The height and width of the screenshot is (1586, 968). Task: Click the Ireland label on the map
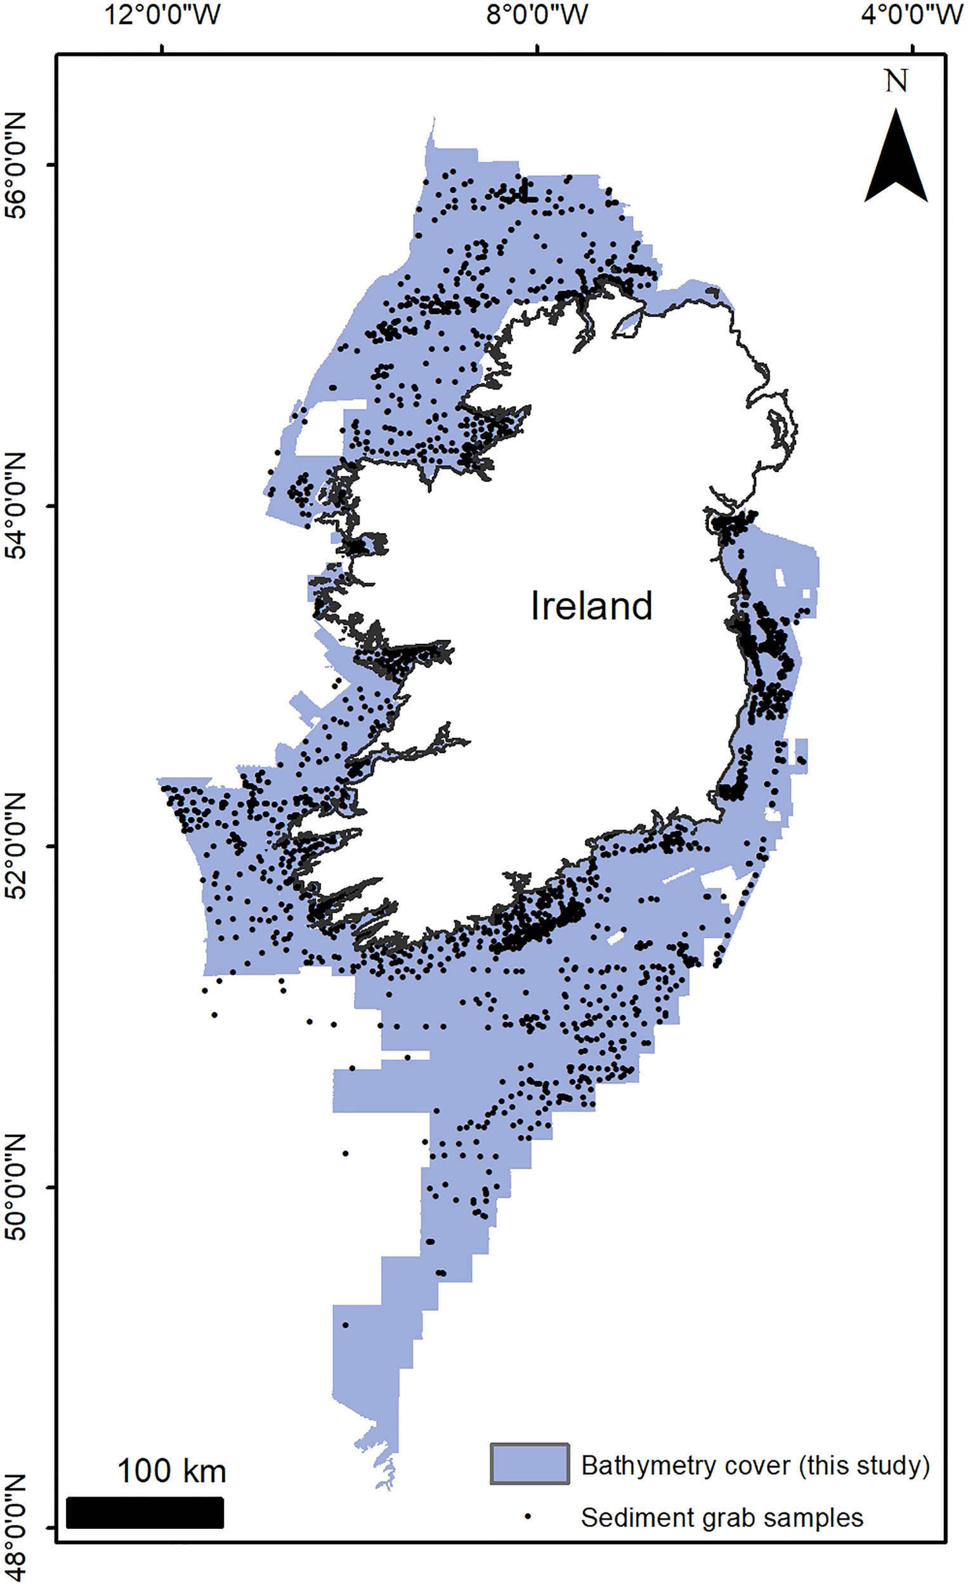tap(591, 606)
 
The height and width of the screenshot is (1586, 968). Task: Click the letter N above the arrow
tap(896, 82)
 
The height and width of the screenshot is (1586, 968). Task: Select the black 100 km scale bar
tap(145, 1512)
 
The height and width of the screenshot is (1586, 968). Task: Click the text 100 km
tap(171, 1471)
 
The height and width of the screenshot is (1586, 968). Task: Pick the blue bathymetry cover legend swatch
tap(529, 1464)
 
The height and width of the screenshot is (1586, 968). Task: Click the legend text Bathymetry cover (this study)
tap(755, 1465)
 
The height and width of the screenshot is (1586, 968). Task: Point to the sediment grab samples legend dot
tap(527, 1517)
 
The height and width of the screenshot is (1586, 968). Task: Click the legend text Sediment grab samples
tap(721, 1517)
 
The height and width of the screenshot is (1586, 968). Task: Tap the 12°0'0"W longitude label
tap(162, 14)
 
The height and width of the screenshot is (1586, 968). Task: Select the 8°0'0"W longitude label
tap(537, 14)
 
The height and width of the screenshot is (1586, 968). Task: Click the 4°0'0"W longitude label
tap(912, 14)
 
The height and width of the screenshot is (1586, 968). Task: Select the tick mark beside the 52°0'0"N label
tap(52, 846)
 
